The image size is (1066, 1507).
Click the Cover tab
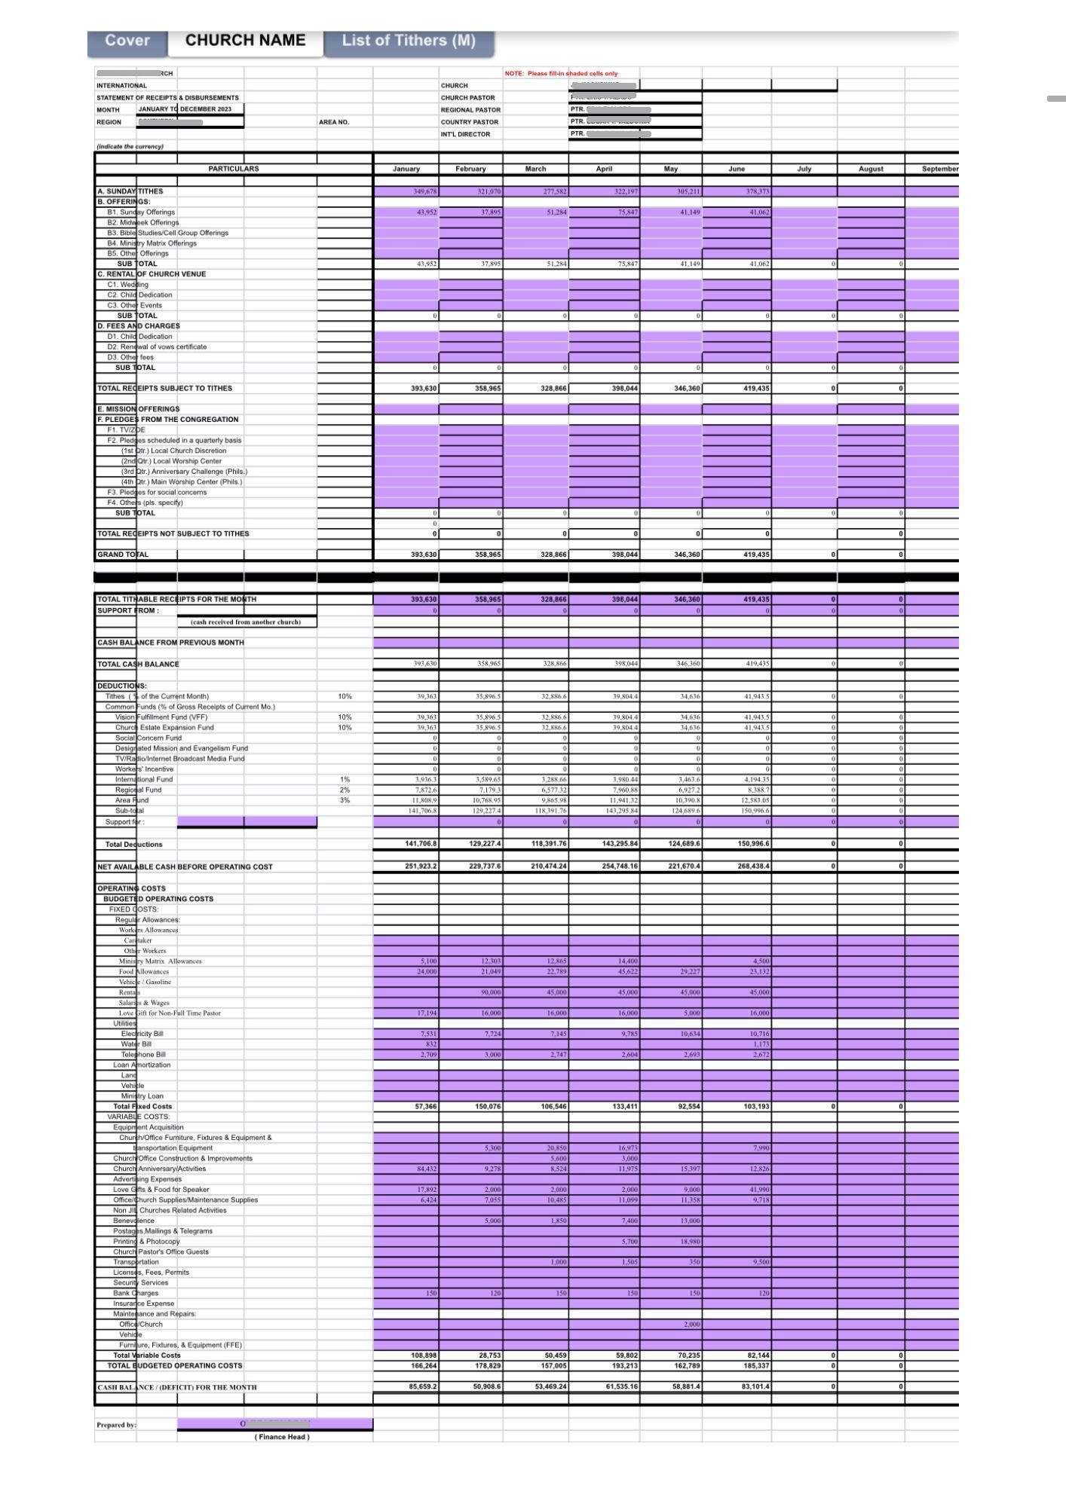127,41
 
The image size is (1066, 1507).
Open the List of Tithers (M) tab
409,41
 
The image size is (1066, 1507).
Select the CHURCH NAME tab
245,41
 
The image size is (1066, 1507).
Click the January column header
406,169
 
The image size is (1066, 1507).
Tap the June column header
737,169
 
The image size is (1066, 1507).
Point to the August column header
871,169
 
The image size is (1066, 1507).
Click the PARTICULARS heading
233,169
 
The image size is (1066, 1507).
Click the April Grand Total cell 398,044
625,555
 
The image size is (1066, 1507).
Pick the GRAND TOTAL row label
123,555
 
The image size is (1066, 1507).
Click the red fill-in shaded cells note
561,73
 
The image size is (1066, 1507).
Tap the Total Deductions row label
133,844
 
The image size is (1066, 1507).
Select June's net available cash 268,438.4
754,867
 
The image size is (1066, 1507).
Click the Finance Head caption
281,1437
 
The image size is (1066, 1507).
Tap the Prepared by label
116,1425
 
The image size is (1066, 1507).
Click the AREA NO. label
334,122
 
